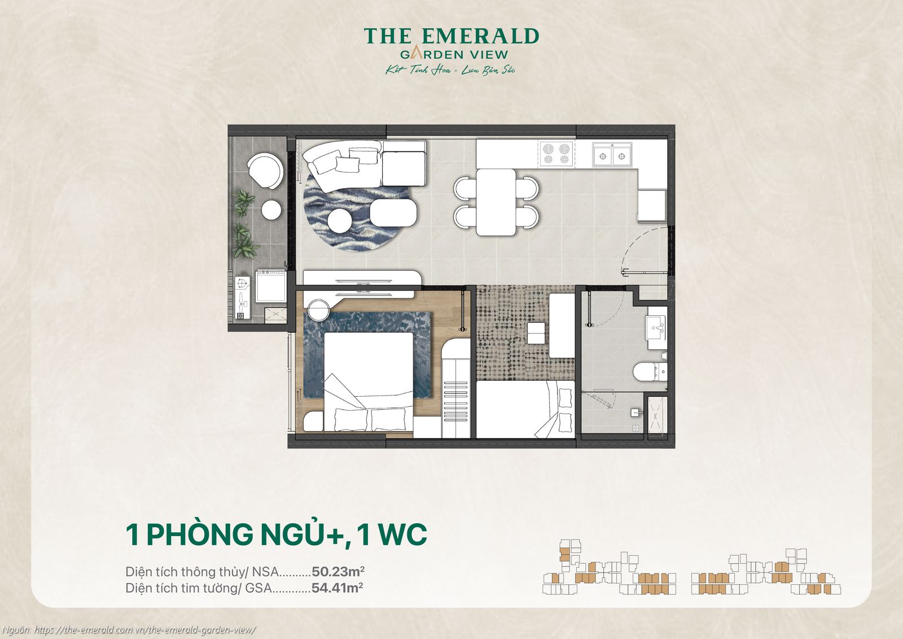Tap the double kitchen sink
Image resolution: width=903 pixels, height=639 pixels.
coord(612,155)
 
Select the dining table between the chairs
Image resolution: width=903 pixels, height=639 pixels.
coord(496,202)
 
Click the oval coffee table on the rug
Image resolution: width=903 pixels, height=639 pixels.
coord(393,213)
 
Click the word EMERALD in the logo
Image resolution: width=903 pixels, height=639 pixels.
coord(480,36)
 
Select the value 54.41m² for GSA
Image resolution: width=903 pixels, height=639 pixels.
coord(337,588)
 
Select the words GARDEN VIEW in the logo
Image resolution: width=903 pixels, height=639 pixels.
coord(454,55)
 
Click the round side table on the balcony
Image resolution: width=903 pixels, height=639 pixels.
coord(271,210)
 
